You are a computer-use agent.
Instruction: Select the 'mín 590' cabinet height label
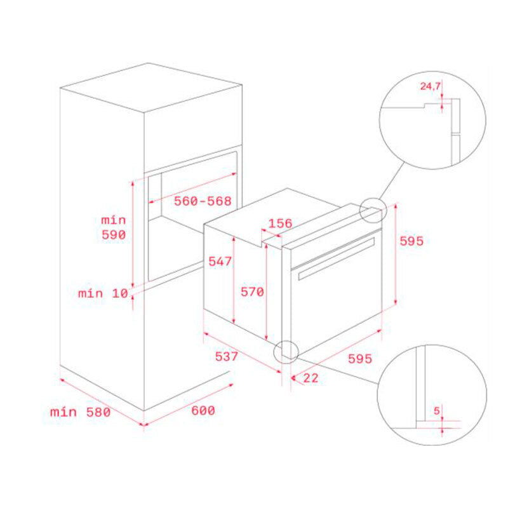pos(114,227)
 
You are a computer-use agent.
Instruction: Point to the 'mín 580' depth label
pos(80,411)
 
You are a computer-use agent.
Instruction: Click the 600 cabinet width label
pos(203,410)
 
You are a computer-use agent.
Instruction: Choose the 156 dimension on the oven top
pos(280,223)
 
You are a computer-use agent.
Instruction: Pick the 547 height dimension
pos(220,261)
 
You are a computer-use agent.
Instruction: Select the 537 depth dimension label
pos(226,356)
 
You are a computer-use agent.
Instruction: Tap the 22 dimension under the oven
pos(311,378)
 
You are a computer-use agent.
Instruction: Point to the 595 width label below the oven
pos(359,358)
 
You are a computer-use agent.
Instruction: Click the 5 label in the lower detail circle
pos(437,411)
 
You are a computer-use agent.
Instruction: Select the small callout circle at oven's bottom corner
pos(285,351)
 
